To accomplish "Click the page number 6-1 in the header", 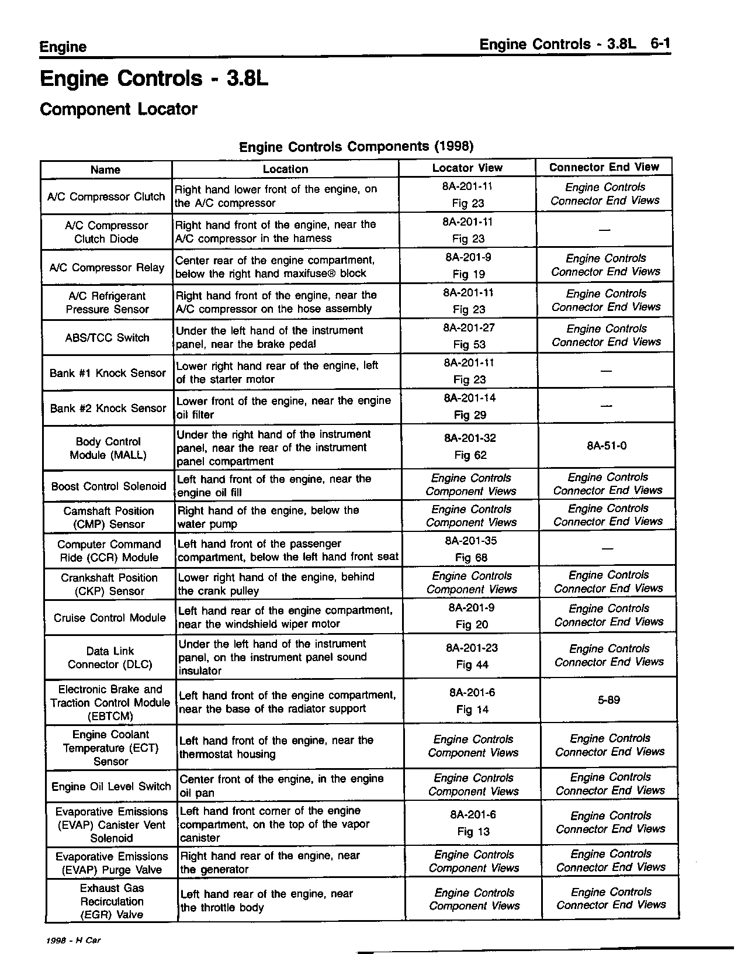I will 659,45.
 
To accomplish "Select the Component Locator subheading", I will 119,109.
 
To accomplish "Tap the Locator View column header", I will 467,168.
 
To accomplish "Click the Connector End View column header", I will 604,167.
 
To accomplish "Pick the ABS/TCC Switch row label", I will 107,338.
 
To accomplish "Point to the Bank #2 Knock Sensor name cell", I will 108,409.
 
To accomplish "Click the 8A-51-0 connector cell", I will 607,446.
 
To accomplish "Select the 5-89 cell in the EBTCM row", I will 609,700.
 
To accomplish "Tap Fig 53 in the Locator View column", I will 469,345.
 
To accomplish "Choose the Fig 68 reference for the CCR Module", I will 471,558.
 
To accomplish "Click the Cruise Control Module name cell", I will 110,618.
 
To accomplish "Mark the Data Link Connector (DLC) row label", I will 110,658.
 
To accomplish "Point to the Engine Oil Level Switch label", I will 111,787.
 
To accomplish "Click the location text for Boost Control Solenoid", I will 274,486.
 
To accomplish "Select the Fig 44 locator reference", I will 472,665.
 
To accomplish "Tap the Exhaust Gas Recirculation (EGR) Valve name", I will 112,901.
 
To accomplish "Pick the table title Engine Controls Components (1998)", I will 356,146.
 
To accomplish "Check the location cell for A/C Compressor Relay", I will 275,267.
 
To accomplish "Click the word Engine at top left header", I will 63,47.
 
